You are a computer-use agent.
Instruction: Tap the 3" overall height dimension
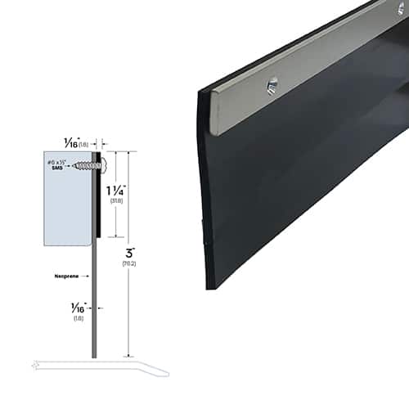pyautogui.click(x=129, y=249)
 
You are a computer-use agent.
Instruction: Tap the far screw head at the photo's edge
pyautogui.click(x=402, y=9)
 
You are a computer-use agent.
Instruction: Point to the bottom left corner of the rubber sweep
pyautogui.click(x=209, y=286)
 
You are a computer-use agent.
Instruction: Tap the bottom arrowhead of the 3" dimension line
pyautogui.click(x=129, y=354)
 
